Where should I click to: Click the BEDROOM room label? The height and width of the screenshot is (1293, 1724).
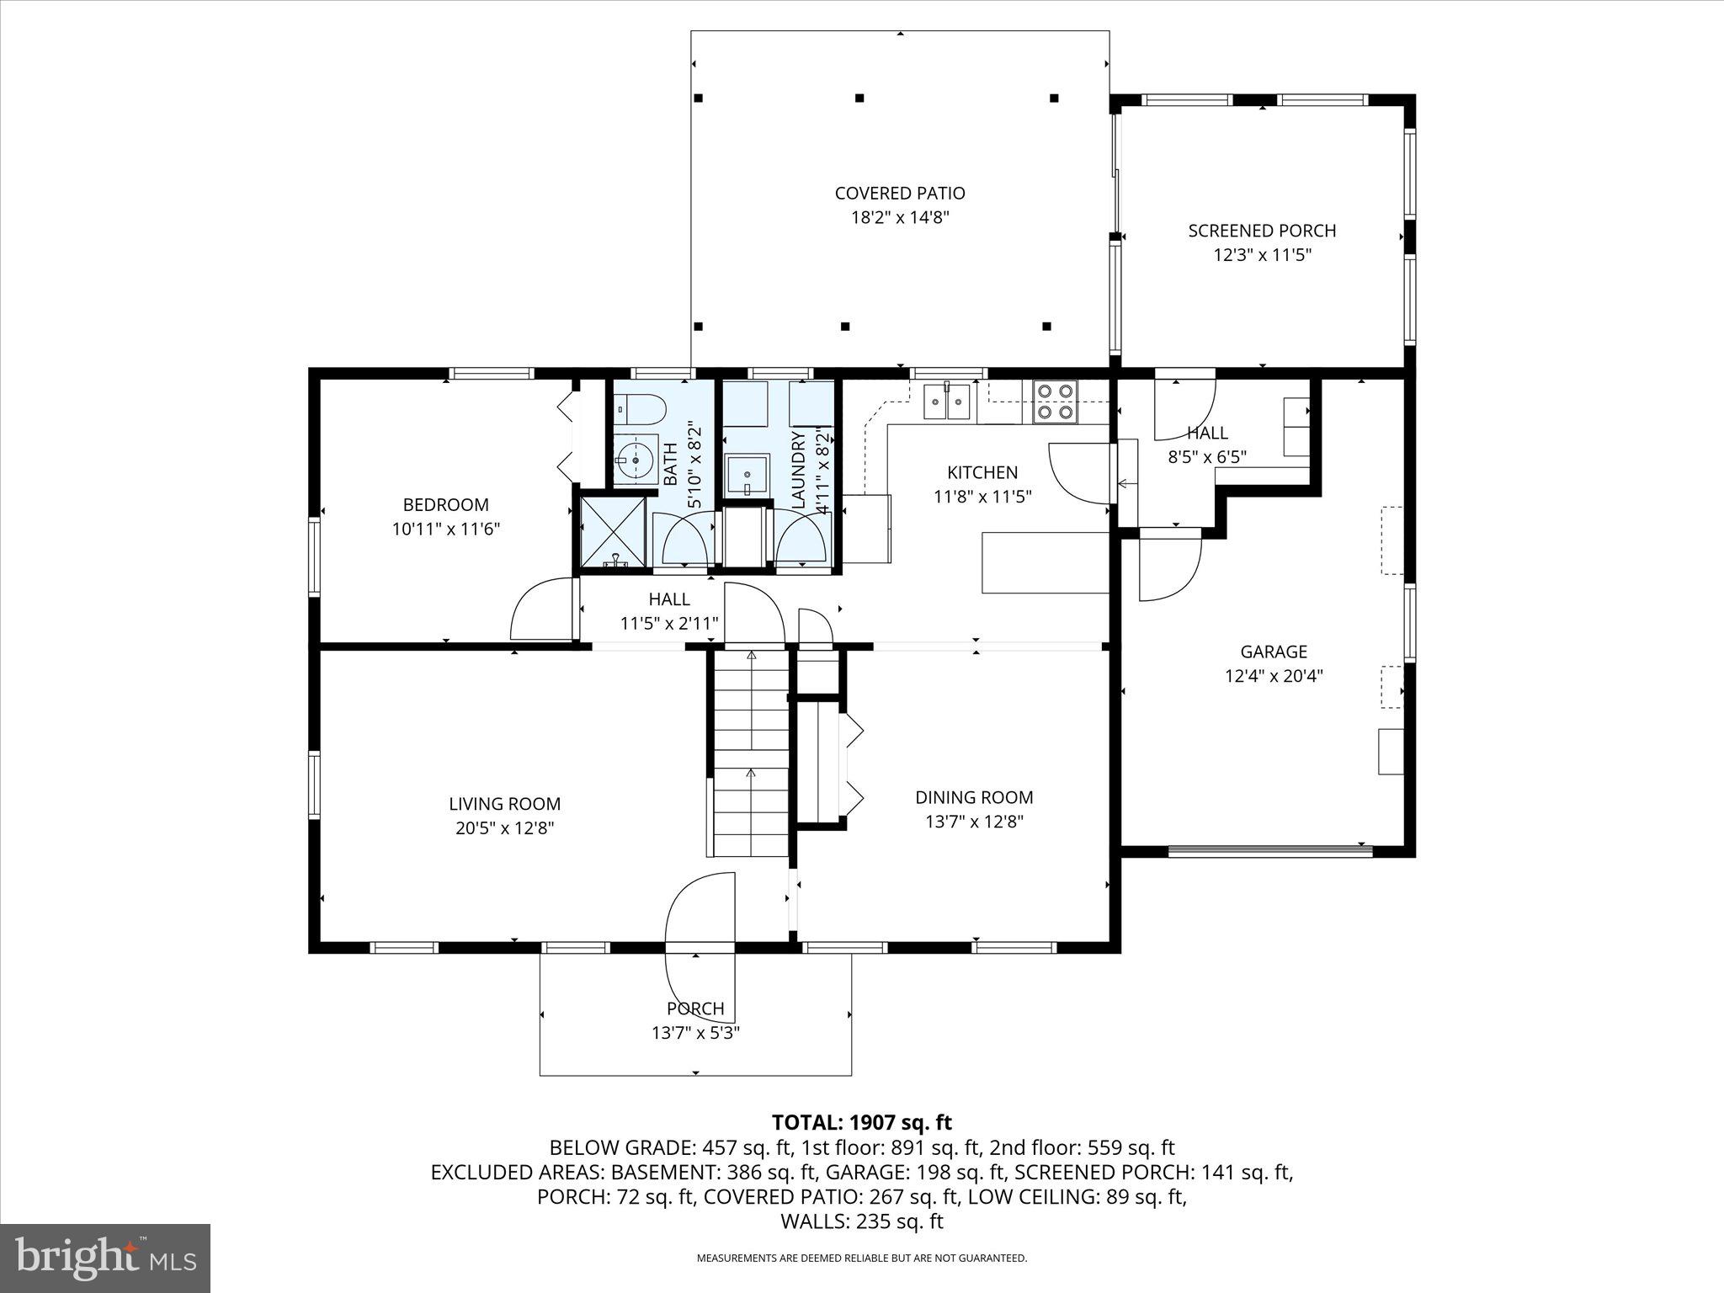click(x=445, y=505)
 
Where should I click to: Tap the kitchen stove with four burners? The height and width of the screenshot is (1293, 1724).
click(x=1055, y=402)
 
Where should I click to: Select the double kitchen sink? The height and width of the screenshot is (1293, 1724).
click(x=947, y=402)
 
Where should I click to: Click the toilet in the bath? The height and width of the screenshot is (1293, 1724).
click(x=639, y=410)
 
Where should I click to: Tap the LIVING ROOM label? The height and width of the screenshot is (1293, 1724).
click(x=504, y=804)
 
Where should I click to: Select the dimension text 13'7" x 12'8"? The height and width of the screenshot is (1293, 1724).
click(x=974, y=822)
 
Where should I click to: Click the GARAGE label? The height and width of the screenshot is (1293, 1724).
click(x=1273, y=652)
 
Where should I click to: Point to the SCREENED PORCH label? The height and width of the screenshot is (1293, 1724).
click(x=1262, y=231)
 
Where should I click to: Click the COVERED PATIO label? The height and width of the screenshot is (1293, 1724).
click(x=900, y=194)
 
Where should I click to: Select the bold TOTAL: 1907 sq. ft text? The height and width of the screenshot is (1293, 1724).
click(x=861, y=1122)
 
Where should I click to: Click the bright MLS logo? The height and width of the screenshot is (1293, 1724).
click(x=105, y=1258)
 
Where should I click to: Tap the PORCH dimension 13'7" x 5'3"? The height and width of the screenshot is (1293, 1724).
click(x=695, y=1033)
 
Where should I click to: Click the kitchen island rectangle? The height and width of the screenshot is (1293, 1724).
click(x=1046, y=562)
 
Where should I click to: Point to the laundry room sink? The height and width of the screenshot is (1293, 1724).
click(x=747, y=477)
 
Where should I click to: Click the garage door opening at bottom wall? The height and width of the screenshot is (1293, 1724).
click(x=1270, y=851)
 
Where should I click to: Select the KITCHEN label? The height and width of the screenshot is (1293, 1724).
click(x=982, y=472)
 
